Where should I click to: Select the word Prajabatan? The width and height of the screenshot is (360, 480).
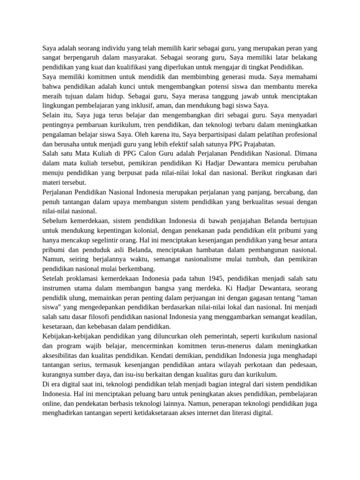(x=259, y=144)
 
